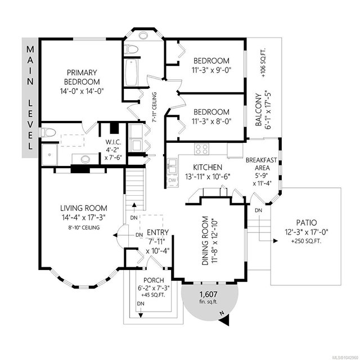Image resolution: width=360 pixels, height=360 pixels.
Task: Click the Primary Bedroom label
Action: pyautogui.click(x=82, y=77)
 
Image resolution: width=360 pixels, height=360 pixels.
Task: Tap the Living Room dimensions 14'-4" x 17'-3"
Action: pyautogui.click(x=84, y=218)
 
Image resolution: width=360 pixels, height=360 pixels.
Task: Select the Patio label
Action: pyautogui.click(x=307, y=223)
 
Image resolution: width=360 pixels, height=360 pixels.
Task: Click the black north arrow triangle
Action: pyautogui.click(x=226, y=321)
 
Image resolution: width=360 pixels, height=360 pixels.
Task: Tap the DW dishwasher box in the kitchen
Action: pyautogui.click(x=173, y=181)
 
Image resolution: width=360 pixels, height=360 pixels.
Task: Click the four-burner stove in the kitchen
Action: pyautogui.click(x=201, y=149)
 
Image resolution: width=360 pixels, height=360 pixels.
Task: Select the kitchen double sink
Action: pyautogui.click(x=172, y=166)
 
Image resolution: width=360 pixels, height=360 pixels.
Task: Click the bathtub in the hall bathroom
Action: pyautogui.click(x=131, y=73)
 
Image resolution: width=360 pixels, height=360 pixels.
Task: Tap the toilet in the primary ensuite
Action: pyautogui.click(x=48, y=133)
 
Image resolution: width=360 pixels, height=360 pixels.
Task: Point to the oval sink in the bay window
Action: pyautogui.click(x=143, y=35)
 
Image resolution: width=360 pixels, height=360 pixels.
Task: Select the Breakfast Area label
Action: pyautogui.click(x=262, y=164)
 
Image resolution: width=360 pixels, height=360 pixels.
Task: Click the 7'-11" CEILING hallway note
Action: pyautogui.click(x=155, y=107)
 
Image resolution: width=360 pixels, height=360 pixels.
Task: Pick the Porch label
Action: pyautogui.click(x=154, y=280)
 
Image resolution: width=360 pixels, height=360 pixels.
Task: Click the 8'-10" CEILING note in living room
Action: pyautogui.click(x=84, y=228)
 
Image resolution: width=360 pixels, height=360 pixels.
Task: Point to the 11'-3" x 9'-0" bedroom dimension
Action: pyautogui.click(x=211, y=70)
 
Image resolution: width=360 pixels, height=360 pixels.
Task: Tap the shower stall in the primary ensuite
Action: pyautogui.click(x=49, y=155)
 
